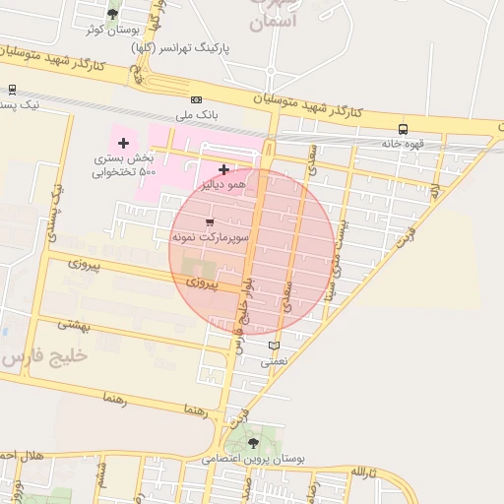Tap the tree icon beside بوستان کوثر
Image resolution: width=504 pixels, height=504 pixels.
coord(112,15)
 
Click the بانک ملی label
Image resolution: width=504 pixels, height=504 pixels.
coord(196,115)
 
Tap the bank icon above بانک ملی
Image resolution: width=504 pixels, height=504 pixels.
coord(196,99)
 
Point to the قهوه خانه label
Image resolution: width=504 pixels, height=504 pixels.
coord(404,144)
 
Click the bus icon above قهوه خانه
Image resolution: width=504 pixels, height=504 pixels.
coord(403,129)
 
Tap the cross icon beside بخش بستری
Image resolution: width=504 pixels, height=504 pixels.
coord(123,144)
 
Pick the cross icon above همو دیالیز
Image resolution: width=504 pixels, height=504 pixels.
coord(224,169)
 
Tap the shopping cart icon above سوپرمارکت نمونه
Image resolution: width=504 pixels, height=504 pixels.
coord(209,222)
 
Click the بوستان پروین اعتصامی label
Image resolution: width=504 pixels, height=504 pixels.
coord(255,459)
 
